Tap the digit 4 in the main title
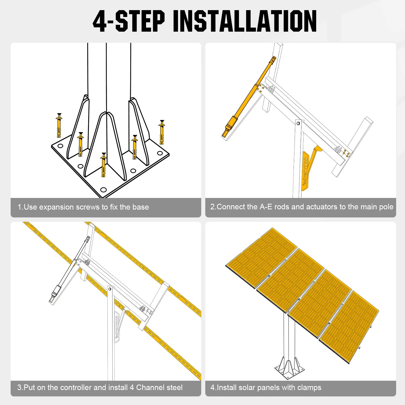(x=100, y=22)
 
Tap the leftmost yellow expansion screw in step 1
(x=59, y=126)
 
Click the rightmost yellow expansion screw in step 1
(x=162, y=132)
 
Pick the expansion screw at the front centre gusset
(x=103, y=165)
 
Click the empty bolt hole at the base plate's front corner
(x=103, y=190)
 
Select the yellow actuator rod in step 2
(x=249, y=96)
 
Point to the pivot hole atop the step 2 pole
(x=298, y=123)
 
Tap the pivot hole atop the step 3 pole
(x=110, y=289)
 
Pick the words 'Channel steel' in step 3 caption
(x=159, y=388)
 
